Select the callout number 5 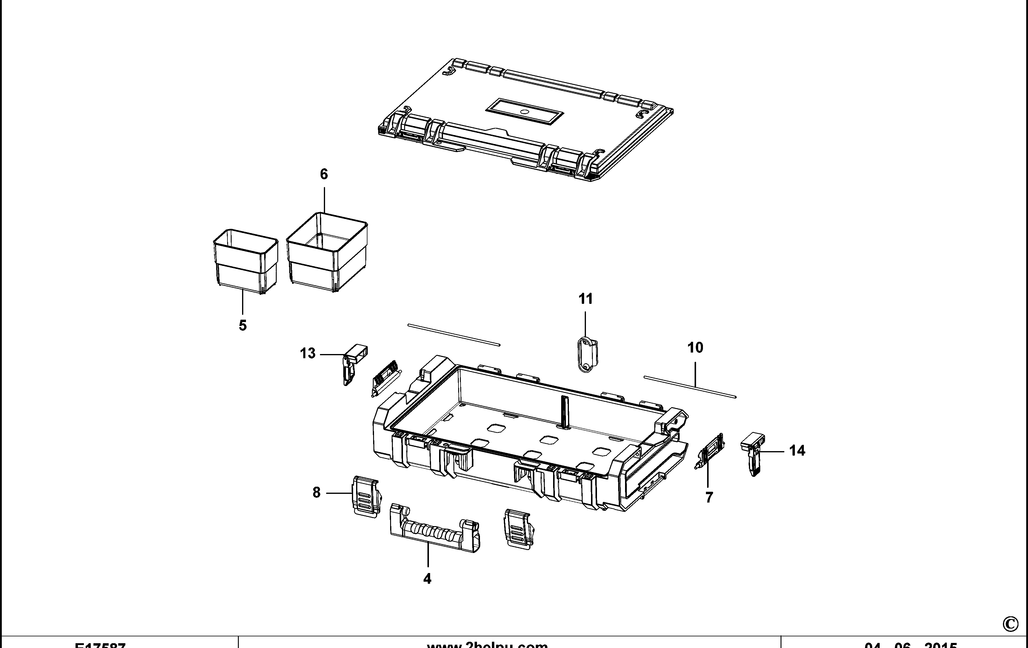242,326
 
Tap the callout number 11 585,299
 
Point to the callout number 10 695,348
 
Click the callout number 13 307,354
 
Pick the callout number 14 797,451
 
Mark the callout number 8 316,493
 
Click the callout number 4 427,579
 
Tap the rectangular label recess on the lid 524,112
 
